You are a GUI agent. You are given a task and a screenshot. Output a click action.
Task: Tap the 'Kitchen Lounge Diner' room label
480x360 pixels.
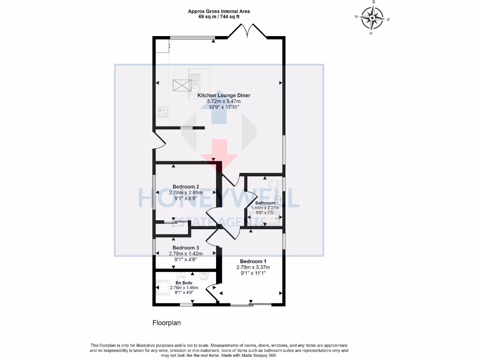[224, 95]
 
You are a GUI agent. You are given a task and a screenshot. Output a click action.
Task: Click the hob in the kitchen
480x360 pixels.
[163, 112]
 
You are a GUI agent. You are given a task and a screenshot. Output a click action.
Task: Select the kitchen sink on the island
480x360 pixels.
[194, 84]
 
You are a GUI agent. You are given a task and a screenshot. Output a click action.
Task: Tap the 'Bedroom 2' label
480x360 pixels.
[186, 187]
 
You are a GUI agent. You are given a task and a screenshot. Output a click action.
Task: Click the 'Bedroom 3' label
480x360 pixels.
[186, 247]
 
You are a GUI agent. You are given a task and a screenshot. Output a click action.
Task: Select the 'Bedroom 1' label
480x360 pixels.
[253, 261]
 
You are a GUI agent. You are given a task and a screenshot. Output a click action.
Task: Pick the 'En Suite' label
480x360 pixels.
[184, 282]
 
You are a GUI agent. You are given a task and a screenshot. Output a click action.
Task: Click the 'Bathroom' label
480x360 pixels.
[265, 203]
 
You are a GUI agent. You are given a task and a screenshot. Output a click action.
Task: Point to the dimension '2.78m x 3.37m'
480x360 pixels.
[253, 267]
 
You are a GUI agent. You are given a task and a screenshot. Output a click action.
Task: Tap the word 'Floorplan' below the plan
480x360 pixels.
[166, 322]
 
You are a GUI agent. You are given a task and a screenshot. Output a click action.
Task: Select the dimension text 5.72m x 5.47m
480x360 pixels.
[224, 101]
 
